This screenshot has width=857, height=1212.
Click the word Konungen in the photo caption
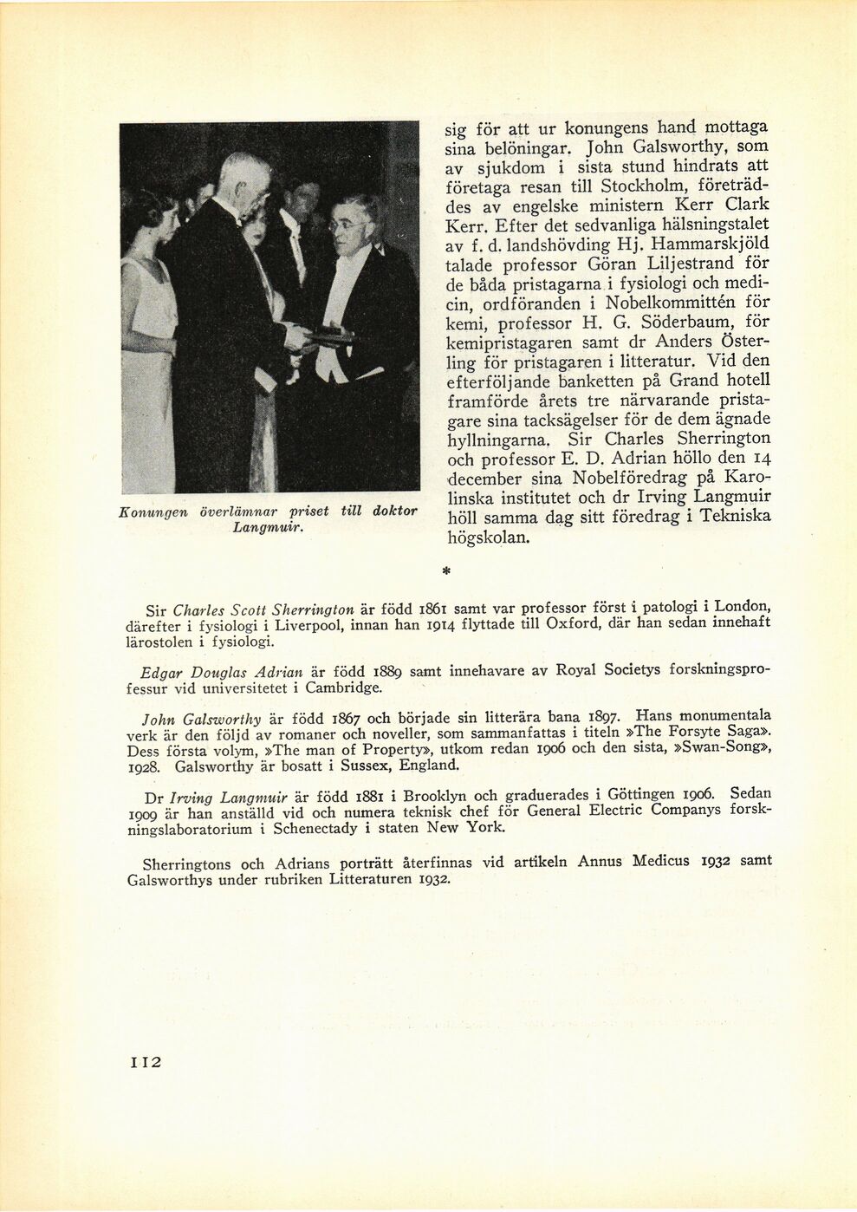point(153,512)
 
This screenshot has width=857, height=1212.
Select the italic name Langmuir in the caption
point(267,527)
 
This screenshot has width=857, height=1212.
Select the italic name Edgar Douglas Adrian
point(221,672)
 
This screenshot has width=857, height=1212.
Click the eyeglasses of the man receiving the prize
point(344,226)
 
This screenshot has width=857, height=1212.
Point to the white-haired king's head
point(243,178)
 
